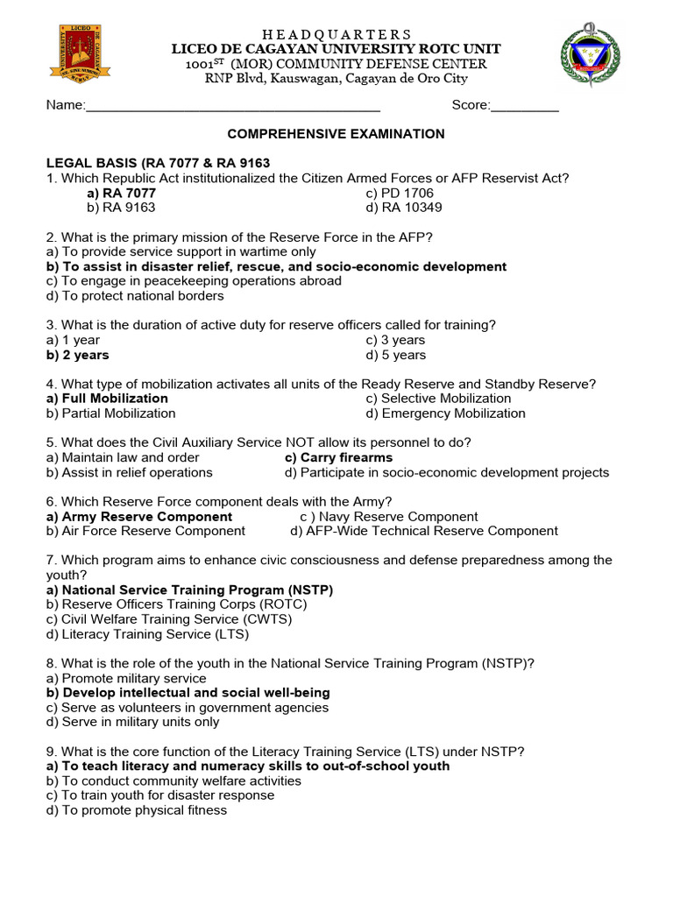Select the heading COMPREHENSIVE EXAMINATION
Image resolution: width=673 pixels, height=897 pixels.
(336, 134)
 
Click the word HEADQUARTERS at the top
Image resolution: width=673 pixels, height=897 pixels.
(336, 34)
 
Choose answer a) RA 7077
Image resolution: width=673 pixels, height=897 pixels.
(121, 194)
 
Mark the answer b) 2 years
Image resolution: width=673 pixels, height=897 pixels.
(78, 355)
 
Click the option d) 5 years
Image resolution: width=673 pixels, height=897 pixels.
(396, 355)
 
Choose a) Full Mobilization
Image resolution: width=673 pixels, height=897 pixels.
(107, 399)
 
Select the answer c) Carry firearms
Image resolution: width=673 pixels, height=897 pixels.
(339, 457)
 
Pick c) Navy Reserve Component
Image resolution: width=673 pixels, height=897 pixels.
(389, 517)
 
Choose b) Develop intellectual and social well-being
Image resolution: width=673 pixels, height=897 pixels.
(188, 693)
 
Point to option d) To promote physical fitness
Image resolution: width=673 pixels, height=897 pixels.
(137, 810)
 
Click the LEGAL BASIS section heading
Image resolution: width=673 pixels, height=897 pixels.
(158, 163)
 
